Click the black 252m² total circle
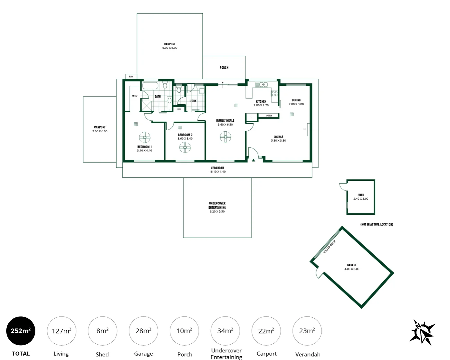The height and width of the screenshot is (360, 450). click(x=21, y=331)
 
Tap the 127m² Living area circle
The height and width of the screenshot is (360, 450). click(x=61, y=331)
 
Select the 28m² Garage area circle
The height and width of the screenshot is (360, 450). click(x=143, y=331)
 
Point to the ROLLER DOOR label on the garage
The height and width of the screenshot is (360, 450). click(x=329, y=247)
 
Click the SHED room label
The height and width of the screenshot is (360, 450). click(x=361, y=195)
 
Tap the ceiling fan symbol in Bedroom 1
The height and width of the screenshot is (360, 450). click(x=144, y=137)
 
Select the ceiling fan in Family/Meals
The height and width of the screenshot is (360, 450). click(x=226, y=136)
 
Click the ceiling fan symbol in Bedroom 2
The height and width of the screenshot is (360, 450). click(x=185, y=147)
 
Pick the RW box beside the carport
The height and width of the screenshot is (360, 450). click(x=131, y=77)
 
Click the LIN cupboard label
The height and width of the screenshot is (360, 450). click(x=179, y=109)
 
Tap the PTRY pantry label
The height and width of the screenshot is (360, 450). click(x=269, y=116)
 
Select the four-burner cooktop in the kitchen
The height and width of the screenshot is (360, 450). click(x=275, y=93)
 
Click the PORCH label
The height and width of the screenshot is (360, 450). click(x=224, y=68)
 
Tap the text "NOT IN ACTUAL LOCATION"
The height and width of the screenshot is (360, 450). click(x=377, y=224)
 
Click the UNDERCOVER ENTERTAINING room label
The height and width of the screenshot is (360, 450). click(x=217, y=205)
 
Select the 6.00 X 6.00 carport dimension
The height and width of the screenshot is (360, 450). click(x=170, y=48)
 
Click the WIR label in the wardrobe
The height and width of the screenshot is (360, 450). click(x=135, y=96)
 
